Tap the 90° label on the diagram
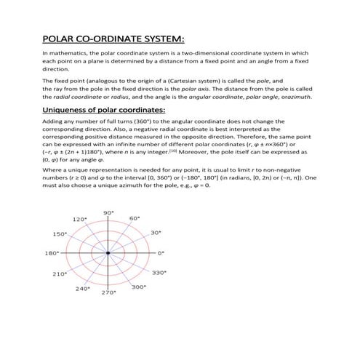[108, 212]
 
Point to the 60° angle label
[135, 219]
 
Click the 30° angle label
[155, 233]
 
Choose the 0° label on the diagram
[161, 253]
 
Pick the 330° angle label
[159, 273]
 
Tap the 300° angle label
[138, 287]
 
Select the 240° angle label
[81, 288]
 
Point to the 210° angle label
[60, 273]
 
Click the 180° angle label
[52, 253]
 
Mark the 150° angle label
[60, 233]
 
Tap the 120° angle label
[81, 219]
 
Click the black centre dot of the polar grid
[108, 253]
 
